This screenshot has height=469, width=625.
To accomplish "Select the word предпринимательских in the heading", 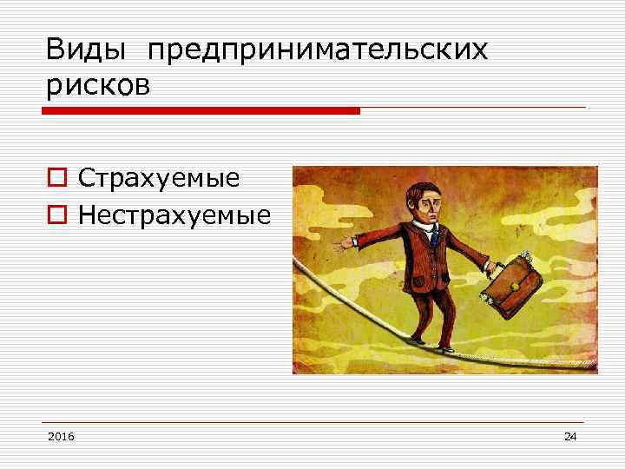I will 318,52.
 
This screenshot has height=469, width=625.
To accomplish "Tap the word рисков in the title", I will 98,87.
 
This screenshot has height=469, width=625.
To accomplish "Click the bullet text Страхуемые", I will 158,179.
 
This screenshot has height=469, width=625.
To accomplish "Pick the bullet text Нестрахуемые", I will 174,214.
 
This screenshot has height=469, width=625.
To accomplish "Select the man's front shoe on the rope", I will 447,347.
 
